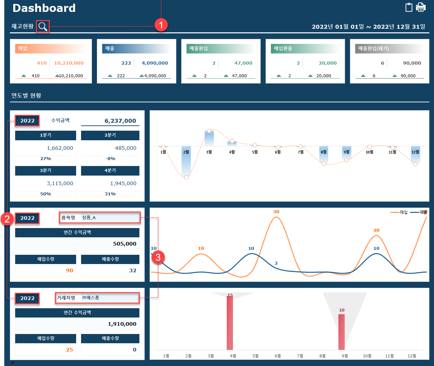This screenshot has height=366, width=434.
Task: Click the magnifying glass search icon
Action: click(43, 26)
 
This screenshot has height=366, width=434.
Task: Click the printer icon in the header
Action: click(421, 7)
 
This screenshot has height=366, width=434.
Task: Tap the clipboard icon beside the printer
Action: click(409, 7)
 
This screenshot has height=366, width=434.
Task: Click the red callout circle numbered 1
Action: click(161, 25)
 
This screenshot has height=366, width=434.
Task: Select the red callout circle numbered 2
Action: click(7, 218)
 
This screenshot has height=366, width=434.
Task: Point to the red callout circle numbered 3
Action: click(158, 257)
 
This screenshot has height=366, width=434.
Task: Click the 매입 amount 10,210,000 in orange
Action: click(69, 63)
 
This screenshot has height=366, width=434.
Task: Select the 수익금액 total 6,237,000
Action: click(120, 121)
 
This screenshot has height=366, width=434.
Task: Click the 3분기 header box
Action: click(45, 171)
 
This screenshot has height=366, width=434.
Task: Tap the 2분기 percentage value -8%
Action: click(110, 159)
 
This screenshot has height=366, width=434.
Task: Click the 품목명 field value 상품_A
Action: click(89, 218)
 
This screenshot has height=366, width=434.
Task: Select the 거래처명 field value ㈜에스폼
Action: click(91, 298)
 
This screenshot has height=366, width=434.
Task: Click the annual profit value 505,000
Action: click(125, 244)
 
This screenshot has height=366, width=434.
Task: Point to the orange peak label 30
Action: click(276, 212)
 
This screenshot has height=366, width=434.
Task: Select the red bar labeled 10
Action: click(341, 332)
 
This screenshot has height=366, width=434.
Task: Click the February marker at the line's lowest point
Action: click(186, 178)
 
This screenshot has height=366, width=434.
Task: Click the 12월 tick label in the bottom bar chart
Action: click(412, 356)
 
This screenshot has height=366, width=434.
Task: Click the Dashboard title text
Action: click(44, 8)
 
